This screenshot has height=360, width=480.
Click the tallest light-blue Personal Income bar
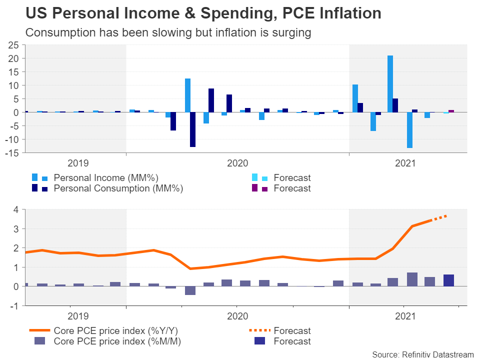390,83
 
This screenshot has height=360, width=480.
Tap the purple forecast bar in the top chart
451,111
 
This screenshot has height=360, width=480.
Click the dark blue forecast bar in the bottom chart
448,280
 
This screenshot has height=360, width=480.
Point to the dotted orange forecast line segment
439,217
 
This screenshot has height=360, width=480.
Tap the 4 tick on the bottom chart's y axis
15,209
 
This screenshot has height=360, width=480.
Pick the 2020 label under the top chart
237,163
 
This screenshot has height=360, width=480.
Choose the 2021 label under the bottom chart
405,316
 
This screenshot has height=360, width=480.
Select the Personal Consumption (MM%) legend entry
118,188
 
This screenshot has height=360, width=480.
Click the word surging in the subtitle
292,33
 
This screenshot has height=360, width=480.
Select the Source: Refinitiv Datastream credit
423,354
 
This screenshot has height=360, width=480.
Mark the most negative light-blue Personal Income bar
409,130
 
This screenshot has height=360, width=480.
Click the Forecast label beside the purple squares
292,188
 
